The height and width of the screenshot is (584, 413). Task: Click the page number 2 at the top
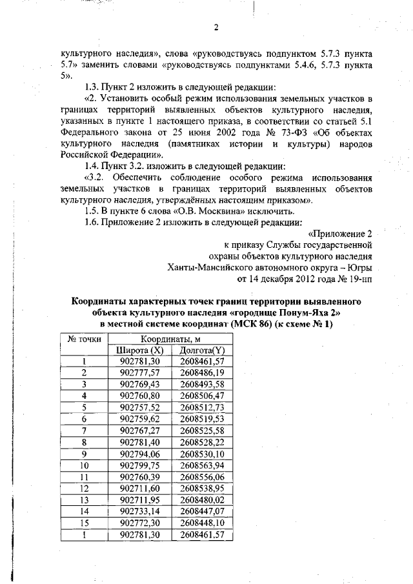tap(216, 27)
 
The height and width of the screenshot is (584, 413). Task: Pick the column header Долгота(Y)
tap(202, 350)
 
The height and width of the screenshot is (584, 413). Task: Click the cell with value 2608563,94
tap(202, 465)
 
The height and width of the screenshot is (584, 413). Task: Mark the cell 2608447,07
tap(202, 511)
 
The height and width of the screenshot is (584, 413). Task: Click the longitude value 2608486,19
tap(202, 373)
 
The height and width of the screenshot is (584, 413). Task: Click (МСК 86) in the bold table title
tap(249, 323)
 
